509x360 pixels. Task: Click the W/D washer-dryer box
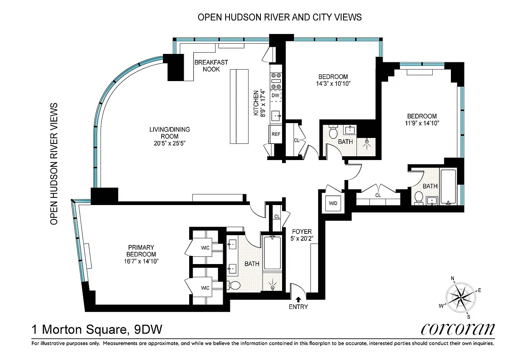333,203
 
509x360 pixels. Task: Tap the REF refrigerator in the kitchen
276,134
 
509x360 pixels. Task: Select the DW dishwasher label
275,96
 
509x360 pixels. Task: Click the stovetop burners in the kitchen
276,81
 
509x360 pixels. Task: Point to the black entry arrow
299,300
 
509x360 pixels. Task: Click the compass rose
460,298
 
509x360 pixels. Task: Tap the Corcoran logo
458,329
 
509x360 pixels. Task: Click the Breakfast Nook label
211,66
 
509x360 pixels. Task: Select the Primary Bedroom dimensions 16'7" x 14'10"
141,262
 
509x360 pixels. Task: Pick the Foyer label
302,232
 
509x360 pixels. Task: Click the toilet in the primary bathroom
234,285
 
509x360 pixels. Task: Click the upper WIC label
205,248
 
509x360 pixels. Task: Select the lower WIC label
205,288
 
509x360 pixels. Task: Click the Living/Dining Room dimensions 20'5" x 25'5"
170,143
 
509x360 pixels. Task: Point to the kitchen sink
276,116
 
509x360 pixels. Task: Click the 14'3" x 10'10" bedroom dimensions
333,84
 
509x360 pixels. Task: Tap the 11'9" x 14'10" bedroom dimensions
422,123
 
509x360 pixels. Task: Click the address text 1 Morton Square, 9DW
97,329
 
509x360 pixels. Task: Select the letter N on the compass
453,278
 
